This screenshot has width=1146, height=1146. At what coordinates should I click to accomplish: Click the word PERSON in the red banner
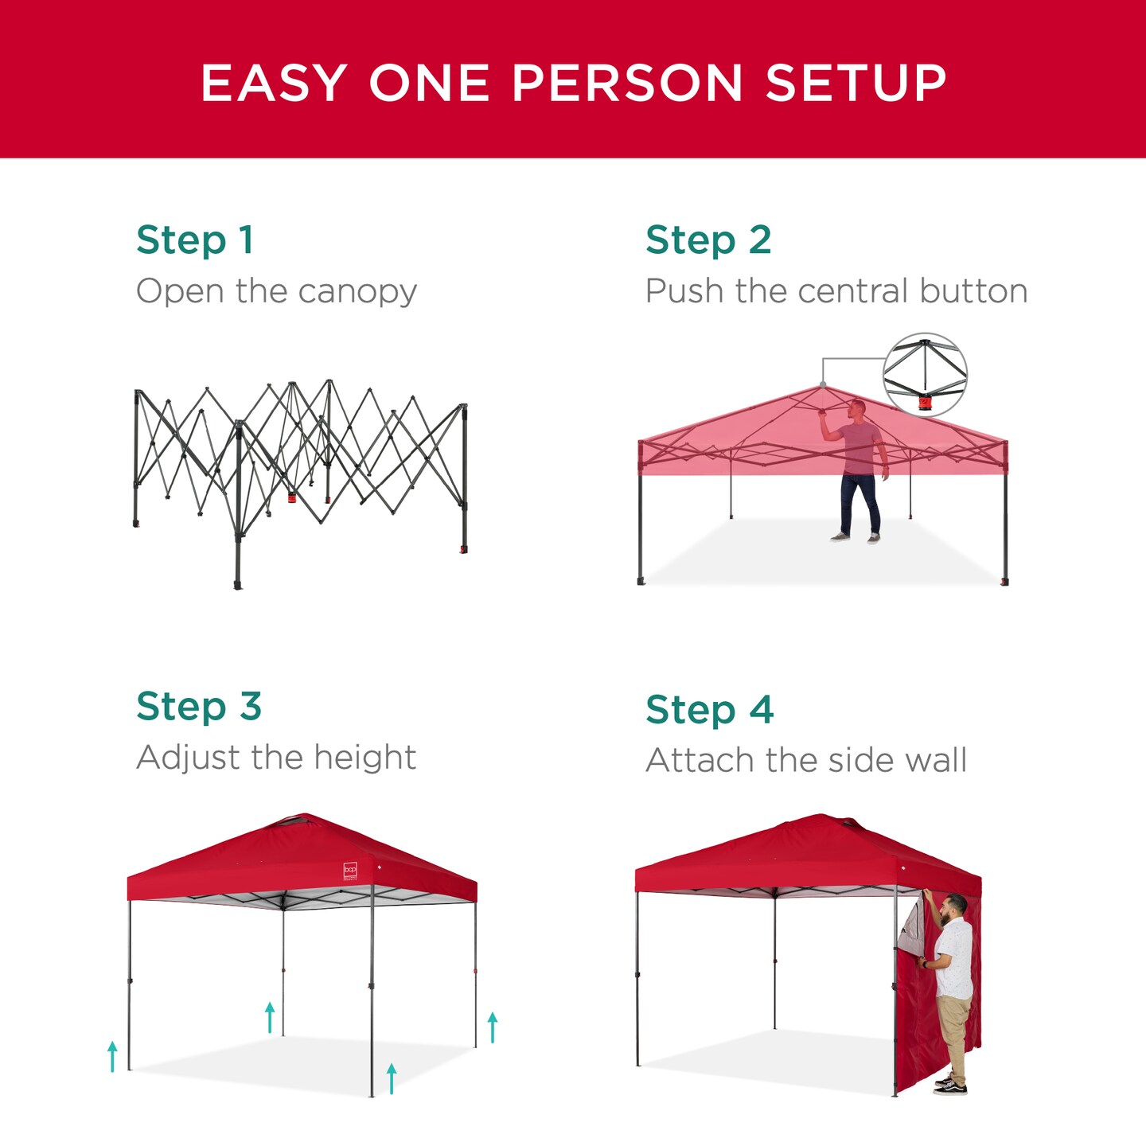click(x=626, y=83)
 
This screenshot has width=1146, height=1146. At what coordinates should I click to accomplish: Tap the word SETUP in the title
click(x=856, y=83)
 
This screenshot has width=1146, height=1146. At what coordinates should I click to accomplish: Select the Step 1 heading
click(x=195, y=240)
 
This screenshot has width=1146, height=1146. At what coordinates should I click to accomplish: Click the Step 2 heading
click(x=708, y=240)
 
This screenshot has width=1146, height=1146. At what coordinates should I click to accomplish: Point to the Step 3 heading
click(x=199, y=707)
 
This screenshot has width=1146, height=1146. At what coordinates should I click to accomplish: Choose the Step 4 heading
click(x=709, y=710)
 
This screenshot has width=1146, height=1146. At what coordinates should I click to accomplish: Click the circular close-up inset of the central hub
click(x=925, y=375)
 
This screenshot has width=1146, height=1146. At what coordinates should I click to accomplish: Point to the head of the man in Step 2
click(x=856, y=409)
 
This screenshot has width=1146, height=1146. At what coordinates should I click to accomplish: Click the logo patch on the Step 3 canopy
click(x=350, y=871)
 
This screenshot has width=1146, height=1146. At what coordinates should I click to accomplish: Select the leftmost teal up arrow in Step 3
click(x=112, y=1056)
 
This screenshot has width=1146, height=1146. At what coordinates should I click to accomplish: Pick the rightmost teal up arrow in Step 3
click(x=493, y=1027)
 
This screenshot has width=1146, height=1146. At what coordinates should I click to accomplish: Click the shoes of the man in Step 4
click(x=950, y=1084)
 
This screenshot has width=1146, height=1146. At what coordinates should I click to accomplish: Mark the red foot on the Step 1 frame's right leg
click(x=463, y=549)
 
